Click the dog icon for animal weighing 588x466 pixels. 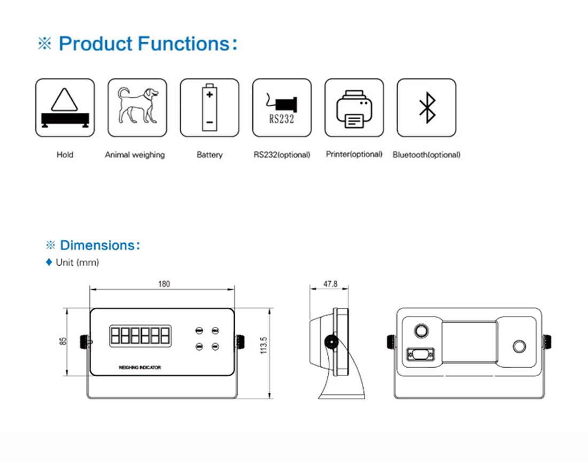[x=138, y=105]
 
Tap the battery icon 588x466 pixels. [x=210, y=107]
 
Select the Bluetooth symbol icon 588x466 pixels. [x=427, y=107]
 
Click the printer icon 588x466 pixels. [x=354, y=108]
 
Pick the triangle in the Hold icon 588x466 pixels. [x=65, y=100]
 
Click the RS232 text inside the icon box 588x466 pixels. [x=282, y=119]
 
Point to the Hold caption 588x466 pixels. [x=65, y=154]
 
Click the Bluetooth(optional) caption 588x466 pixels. [x=427, y=154]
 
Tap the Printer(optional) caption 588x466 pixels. [x=354, y=154]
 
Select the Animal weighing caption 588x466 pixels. [x=135, y=155]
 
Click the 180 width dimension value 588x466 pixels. [x=164, y=284]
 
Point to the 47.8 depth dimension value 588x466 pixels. [x=330, y=284]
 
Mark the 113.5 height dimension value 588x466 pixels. [x=264, y=345]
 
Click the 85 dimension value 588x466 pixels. [x=63, y=341]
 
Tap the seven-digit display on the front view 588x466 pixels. [x=140, y=336]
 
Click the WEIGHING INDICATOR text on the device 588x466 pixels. [x=140, y=367]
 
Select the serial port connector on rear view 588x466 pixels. [x=420, y=354]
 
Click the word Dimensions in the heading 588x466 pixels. [x=97, y=245]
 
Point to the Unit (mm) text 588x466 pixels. [x=78, y=262]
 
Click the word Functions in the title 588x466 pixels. [x=184, y=43]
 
